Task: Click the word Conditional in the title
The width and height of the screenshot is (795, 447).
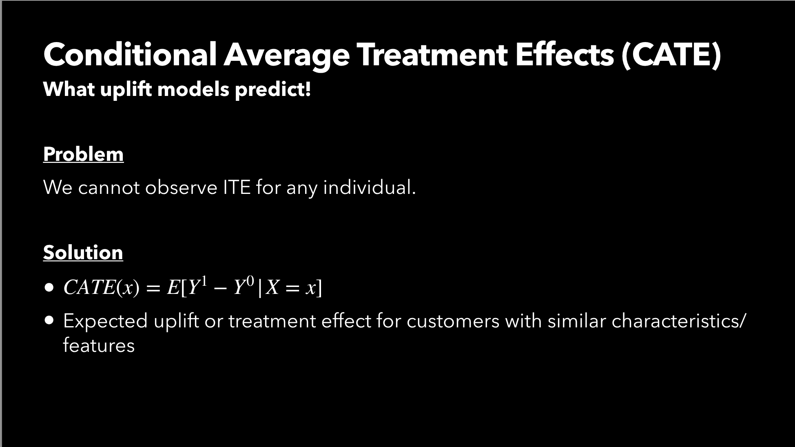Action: [x=130, y=54]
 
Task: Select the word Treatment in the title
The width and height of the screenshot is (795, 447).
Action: [x=432, y=54]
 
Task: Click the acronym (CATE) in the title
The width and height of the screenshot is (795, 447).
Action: [x=671, y=55]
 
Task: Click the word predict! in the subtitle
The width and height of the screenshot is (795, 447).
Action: [x=273, y=89]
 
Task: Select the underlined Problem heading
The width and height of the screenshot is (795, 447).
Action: [x=83, y=154]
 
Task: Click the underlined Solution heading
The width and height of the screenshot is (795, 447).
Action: [x=83, y=252]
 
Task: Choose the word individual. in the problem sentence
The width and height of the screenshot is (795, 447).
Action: [x=370, y=187]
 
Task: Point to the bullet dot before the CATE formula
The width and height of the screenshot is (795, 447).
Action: [x=49, y=288]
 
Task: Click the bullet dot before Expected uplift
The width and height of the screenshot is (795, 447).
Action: [x=49, y=321]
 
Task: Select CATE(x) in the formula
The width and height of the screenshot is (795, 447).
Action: [x=101, y=287]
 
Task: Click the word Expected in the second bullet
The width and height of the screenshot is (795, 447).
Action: [x=105, y=321]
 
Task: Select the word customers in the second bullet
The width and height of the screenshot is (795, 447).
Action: [x=453, y=321]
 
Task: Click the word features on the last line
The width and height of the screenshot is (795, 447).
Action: [x=99, y=345]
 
